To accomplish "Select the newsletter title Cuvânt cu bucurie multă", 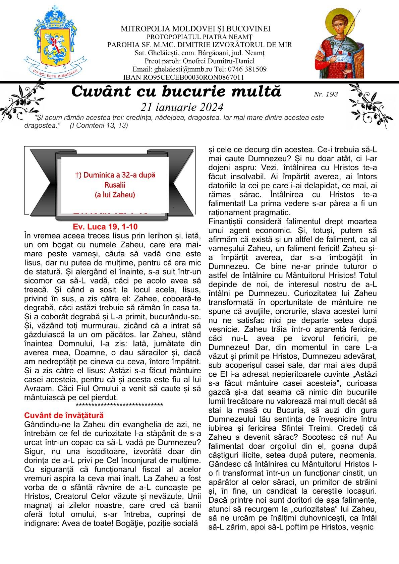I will [x=176, y=92].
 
